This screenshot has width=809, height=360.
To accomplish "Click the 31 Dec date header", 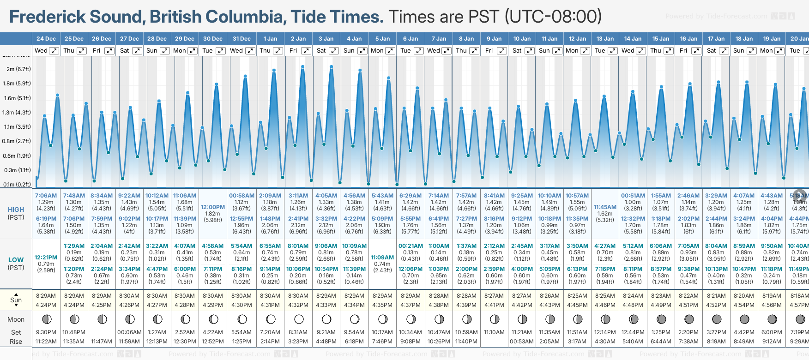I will tap(241, 39).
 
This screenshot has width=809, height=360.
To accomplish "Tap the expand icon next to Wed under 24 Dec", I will tap(54, 51).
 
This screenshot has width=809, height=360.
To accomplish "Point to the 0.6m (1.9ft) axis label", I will tap(17, 156).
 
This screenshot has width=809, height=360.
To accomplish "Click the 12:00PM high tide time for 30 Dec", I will tap(213, 207).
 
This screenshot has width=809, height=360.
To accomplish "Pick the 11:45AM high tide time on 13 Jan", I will tap(605, 207).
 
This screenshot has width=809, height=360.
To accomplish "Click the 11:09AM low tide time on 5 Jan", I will tap(382, 258).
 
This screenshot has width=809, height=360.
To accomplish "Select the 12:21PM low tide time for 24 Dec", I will tap(46, 258).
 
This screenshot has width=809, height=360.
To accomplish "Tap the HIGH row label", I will tap(16, 210).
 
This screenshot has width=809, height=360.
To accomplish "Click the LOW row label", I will tap(16, 260).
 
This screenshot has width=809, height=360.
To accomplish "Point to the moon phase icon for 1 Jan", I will tap(271, 319).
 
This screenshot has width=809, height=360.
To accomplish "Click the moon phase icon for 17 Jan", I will tap(717, 319).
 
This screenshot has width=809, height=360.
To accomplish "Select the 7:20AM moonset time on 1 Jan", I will tap(270, 332).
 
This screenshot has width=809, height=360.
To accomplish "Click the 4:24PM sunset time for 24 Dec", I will tap(46, 305).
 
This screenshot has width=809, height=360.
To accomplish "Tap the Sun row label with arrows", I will tap(16, 300).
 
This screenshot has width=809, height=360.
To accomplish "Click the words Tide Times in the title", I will tap(337, 17).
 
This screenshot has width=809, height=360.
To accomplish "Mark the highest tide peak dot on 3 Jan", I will tap(332, 67).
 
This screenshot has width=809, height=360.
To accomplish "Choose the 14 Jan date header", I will tap(633, 39).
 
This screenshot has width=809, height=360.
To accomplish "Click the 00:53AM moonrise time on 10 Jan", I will tap(522, 342).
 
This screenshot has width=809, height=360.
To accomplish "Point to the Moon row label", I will tap(16, 319).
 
